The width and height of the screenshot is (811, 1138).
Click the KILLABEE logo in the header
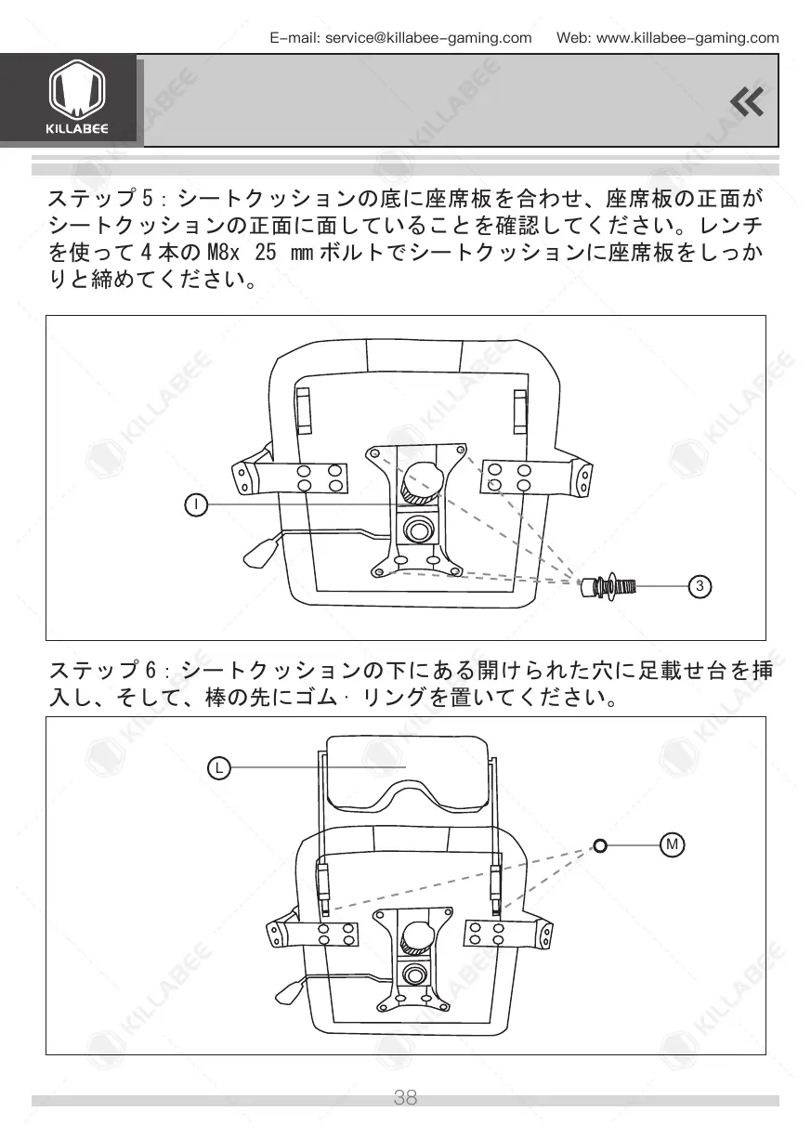click(x=76, y=99)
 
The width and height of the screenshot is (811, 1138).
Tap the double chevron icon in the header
click(x=747, y=101)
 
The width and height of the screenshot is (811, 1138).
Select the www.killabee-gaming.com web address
click(x=687, y=38)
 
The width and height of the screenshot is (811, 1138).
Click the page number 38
click(x=405, y=1097)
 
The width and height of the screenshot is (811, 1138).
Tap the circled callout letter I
click(x=196, y=504)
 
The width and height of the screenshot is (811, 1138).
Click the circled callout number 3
click(x=702, y=585)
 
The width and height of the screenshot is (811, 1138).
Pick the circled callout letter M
click(x=672, y=844)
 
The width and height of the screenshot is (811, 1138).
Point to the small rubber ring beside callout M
click(x=600, y=845)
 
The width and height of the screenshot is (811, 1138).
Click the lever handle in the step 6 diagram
click(x=288, y=991)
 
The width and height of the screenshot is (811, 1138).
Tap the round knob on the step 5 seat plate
click(x=424, y=480)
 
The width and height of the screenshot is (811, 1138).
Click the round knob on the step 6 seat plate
click(x=416, y=936)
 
